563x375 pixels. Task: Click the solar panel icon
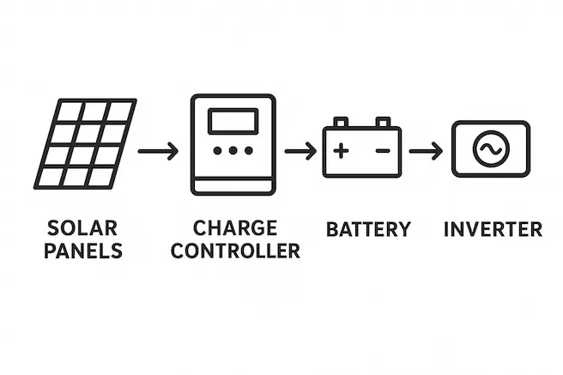click(x=85, y=144)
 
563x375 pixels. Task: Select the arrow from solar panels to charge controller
click(x=158, y=152)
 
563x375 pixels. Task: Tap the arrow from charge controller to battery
click(x=300, y=152)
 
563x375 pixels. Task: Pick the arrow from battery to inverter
click(x=426, y=152)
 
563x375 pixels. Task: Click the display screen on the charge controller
click(x=233, y=121)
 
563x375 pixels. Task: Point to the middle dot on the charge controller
click(x=233, y=151)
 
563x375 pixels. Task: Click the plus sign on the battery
click(x=342, y=152)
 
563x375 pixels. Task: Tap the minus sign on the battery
click(x=383, y=152)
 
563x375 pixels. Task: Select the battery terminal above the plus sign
click(x=342, y=123)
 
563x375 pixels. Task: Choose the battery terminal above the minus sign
click(x=383, y=123)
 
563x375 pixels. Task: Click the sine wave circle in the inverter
click(x=491, y=150)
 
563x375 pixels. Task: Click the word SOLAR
click(x=84, y=229)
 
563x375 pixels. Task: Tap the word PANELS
click(x=84, y=251)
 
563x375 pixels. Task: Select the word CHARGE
click(x=235, y=228)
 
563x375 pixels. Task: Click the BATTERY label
click(x=368, y=229)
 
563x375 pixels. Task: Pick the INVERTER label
click(x=493, y=229)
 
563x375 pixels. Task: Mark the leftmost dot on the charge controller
click(x=217, y=151)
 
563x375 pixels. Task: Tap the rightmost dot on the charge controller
click(x=248, y=151)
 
